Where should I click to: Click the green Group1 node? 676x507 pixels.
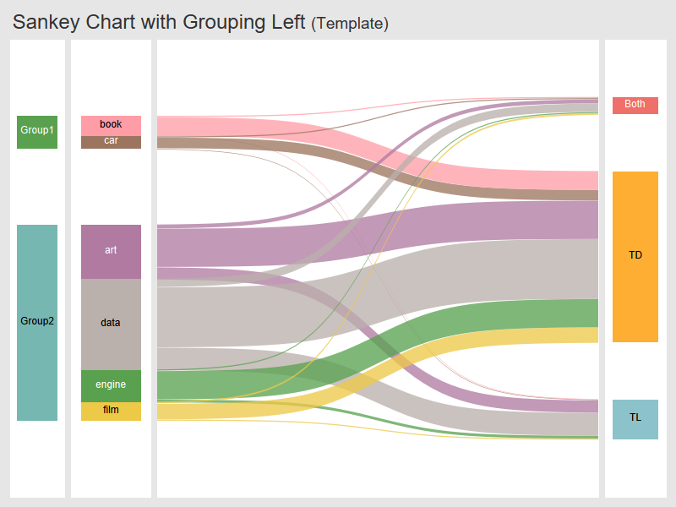pyautogui.click(x=37, y=132)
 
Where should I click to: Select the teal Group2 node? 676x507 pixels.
pyautogui.click(x=37, y=322)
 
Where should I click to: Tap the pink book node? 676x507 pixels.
pyautogui.click(x=111, y=125)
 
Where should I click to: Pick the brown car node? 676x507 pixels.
pyautogui.click(x=111, y=141)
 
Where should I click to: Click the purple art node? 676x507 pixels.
pyautogui.click(x=111, y=251)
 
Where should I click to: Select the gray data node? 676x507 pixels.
pyautogui.click(x=111, y=324)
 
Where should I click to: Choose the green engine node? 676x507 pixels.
pyautogui.click(x=111, y=385)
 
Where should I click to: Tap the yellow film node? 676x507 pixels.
pyautogui.click(x=111, y=411)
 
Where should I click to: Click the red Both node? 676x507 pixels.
pyautogui.click(x=635, y=105)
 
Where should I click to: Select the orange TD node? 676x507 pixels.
pyautogui.click(x=635, y=256)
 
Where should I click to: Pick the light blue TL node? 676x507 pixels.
pyautogui.click(x=635, y=419)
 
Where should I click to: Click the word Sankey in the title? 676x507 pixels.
pyautogui.click(x=47, y=23)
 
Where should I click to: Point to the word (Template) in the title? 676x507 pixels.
pyautogui.click(x=350, y=25)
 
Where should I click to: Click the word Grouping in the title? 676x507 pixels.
pyautogui.click(x=226, y=23)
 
